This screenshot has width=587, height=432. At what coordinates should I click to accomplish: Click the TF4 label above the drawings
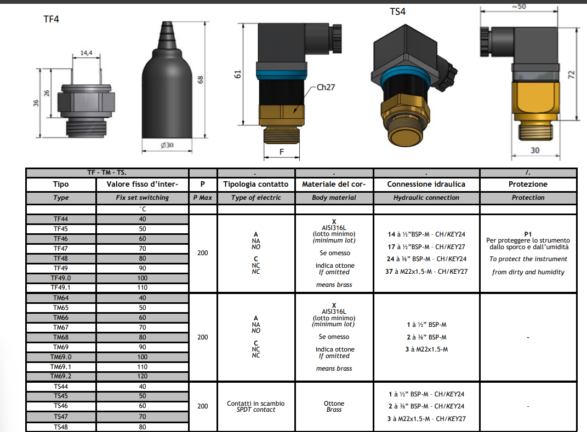click(x=52, y=19)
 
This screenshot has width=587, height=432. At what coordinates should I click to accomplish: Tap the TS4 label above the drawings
click(x=397, y=11)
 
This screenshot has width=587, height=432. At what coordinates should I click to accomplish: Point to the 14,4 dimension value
click(x=87, y=53)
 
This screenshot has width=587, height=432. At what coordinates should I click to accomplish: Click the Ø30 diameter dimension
click(x=167, y=145)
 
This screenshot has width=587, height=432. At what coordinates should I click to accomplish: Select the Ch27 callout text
click(x=326, y=87)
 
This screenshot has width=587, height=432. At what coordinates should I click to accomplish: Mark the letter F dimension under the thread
click(x=282, y=152)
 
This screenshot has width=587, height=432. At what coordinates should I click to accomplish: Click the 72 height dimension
click(x=572, y=75)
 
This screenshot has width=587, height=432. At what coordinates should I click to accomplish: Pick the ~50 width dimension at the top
click(x=519, y=7)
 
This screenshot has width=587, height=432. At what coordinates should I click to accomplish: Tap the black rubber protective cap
click(x=167, y=80)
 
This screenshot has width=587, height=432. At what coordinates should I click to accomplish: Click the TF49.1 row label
click(x=61, y=287)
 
